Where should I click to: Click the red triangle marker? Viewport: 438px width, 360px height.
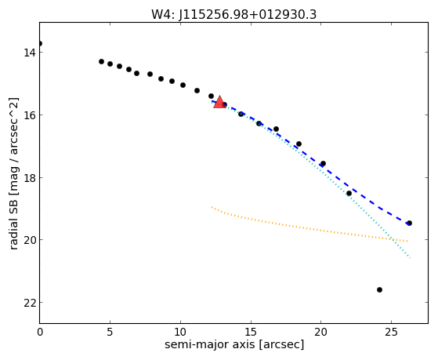[x=220, y=102]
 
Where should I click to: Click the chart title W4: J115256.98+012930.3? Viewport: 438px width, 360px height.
[x=233, y=14]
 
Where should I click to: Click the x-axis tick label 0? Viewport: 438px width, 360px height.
[x=40, y=332]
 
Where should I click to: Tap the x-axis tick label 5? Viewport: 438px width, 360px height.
[x=110, y=332]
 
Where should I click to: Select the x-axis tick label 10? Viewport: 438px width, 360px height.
[x=180, y=332]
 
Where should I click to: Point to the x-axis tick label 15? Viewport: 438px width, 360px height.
[x=251, y=332]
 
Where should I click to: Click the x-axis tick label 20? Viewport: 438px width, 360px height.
[x=321, y=332]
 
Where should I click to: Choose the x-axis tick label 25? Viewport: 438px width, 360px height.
[x=391, y=332]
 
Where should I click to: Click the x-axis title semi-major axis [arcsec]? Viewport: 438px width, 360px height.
[x=234, y=344]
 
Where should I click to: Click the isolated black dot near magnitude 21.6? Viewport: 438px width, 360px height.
[x=379, y=289]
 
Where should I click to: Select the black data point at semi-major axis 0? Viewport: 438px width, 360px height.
[x=40, y=44]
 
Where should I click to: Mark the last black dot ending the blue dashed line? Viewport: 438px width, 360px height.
[x=409, y=223]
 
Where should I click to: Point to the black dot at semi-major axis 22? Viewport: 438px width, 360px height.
[x=349, y=193]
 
